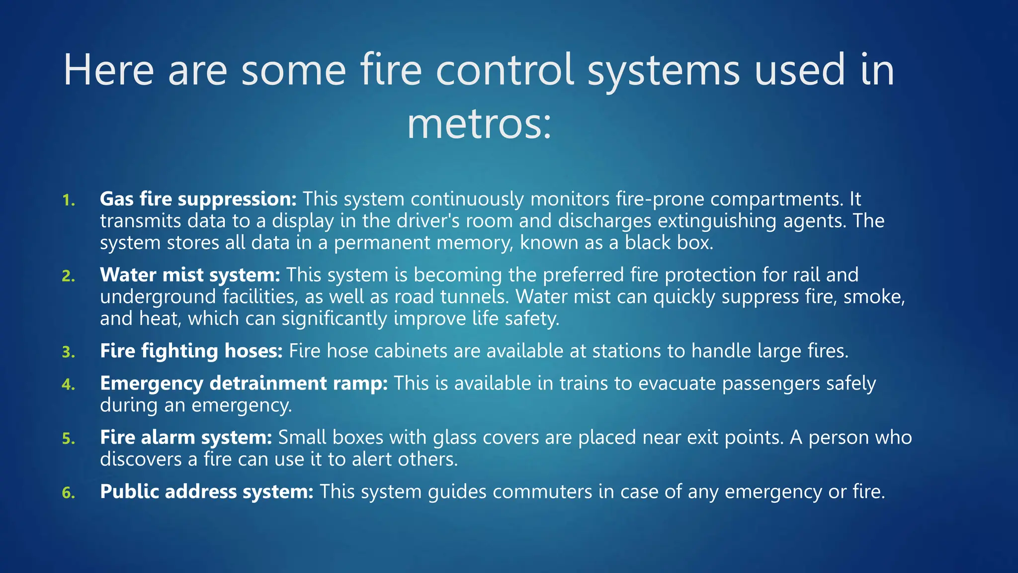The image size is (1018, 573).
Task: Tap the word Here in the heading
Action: coord(108,71)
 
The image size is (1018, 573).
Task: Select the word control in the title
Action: coord(505,71)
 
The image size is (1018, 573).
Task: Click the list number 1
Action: coord(69,200)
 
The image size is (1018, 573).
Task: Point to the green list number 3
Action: coord(69,352)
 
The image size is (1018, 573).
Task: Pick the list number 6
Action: coord(69,493)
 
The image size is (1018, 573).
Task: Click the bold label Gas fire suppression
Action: coord(198,199)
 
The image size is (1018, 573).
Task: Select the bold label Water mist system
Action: coord(190,275)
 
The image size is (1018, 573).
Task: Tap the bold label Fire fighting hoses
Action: coord(191,351)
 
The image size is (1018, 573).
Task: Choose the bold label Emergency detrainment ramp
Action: coord(244,383)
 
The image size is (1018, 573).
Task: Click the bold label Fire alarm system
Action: coord(186,438)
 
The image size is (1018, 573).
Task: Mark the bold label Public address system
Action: coord(206,492)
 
